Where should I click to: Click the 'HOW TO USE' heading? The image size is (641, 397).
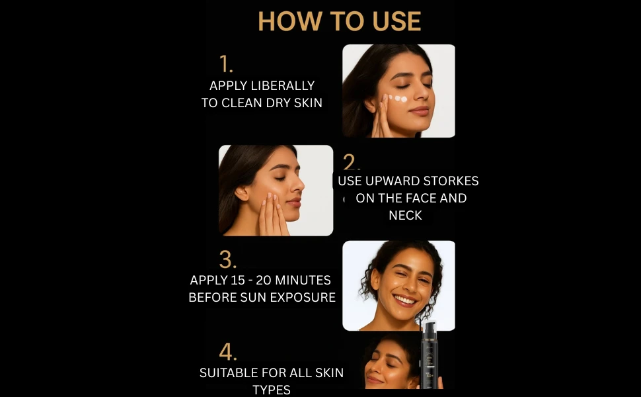[339, 21]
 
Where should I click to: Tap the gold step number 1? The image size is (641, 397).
[225, 64]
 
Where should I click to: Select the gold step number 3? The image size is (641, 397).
[228, 259]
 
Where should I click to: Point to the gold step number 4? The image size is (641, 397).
[228, 352]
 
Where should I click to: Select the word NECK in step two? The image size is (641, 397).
[405, 215]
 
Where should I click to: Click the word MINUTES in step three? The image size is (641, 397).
[303, 280]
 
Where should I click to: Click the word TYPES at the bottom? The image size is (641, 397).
[272, 390]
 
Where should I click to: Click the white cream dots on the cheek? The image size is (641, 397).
[397, 98]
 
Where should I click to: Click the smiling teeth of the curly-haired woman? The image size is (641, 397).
[404, 300]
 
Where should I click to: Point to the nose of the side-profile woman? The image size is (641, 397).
[299, 185]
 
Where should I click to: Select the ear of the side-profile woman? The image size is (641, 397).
[241, 193]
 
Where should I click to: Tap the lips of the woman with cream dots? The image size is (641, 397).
[419, 110]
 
